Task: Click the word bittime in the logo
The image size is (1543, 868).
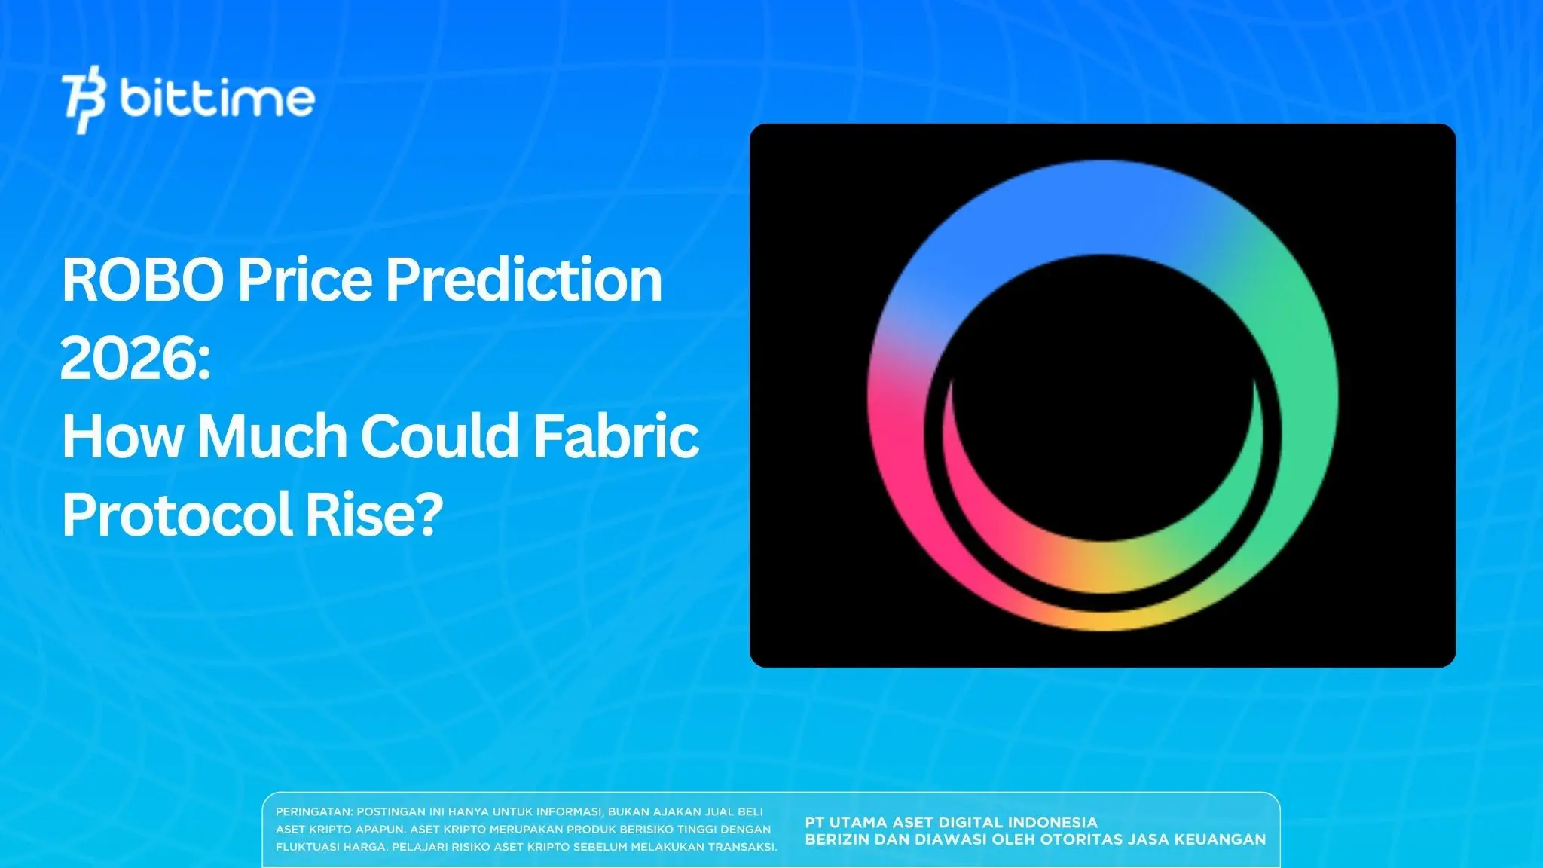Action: tap(217, 99)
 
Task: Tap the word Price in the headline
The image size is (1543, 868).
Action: tap(304, 280)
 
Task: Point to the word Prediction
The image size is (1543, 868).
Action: tap(524, 280)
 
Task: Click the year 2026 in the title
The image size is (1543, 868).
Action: tap(128, 359)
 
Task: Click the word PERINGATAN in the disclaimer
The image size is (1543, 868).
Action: tap(313, 812)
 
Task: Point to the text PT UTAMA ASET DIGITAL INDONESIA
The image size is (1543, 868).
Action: tap(951, 822)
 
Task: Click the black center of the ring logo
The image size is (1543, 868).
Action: tap(1101, 392)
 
